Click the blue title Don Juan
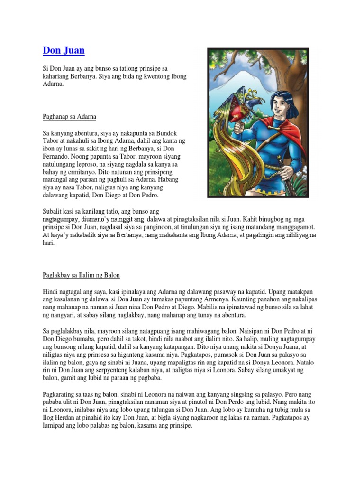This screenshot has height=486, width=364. coord(64,50)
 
